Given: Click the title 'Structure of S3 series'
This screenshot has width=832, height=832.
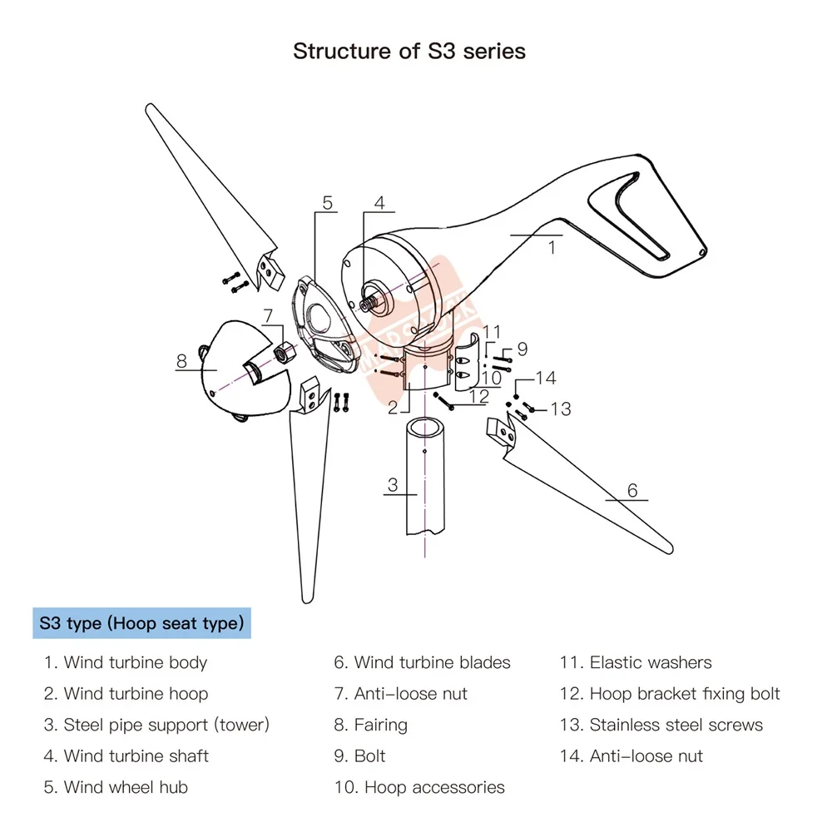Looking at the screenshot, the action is (x=409, y=51).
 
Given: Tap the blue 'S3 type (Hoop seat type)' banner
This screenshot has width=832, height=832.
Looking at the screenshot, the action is (x=141, y=623).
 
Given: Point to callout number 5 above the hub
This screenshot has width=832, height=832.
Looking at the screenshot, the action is (x=327, y=202).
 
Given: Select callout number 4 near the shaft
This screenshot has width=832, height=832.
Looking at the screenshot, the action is (x=379, y=202).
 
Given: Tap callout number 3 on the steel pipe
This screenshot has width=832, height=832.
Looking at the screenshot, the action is (x=393, y=485).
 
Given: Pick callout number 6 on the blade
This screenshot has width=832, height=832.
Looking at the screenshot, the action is (x=632, y=490).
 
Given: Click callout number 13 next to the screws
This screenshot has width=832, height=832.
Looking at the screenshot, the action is (x=561, y=409).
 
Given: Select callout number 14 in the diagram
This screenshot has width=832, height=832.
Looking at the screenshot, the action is (x=545, y=379).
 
